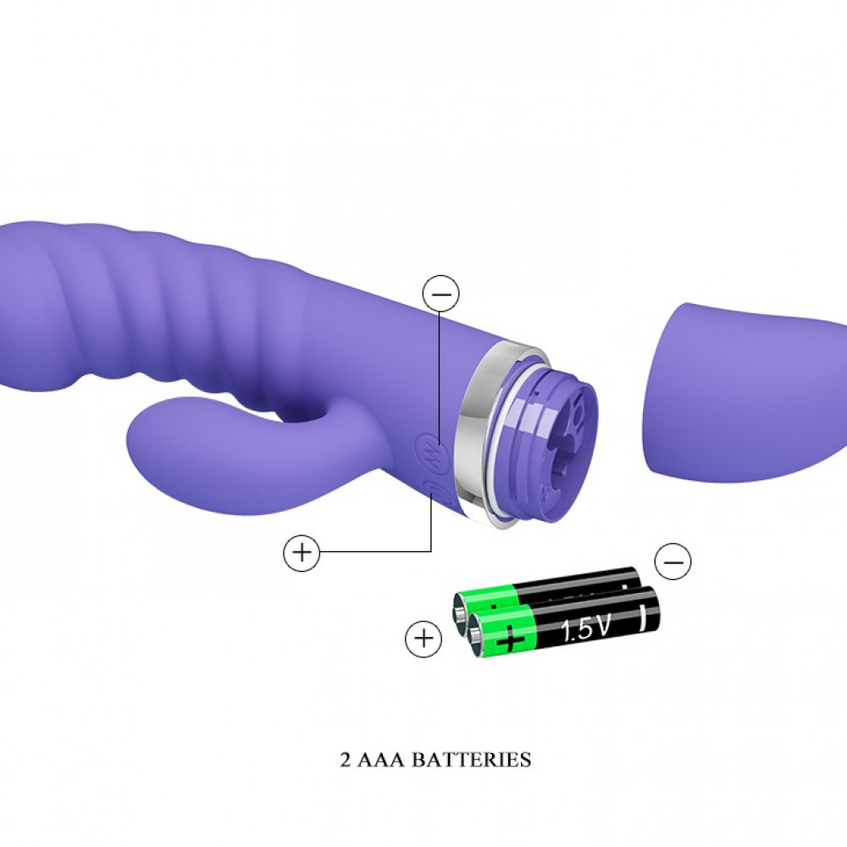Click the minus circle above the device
pos(440,293)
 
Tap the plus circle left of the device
pos(302,552)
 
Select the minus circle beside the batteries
pos(673,562)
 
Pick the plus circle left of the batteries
pos(423,639)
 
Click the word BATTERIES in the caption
pos(472,760)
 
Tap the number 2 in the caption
pos(346,760)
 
